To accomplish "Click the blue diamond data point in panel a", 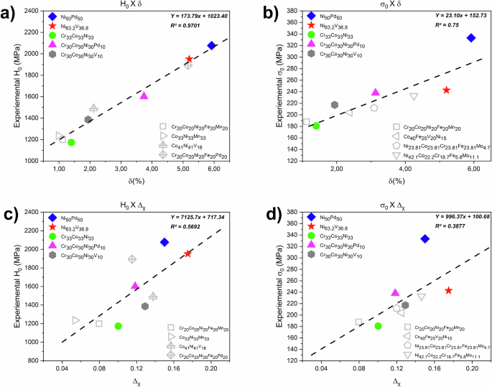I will tap(211, 45).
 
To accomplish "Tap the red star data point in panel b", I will tap(446, 90).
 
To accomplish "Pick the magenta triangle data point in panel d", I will tap(395, 292).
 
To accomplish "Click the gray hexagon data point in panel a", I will tap(88, 120).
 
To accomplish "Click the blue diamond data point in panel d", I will tap(424, 238).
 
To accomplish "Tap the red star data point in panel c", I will tap(187, 253).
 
